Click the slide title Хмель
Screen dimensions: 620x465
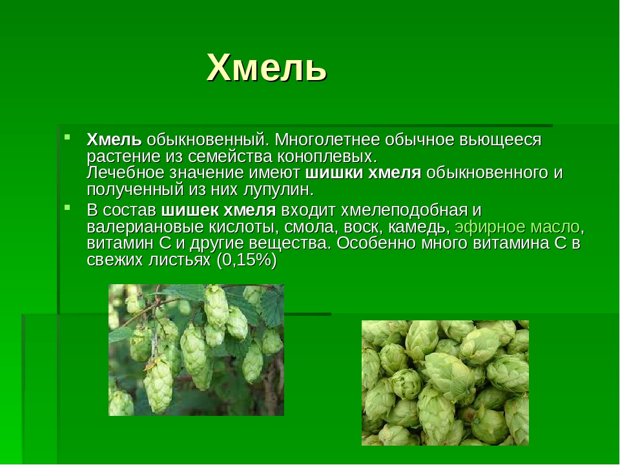(267, 68)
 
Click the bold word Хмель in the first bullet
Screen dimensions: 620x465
(114, 139)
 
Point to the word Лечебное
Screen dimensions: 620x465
(125, 173)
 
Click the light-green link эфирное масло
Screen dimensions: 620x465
(517, 227)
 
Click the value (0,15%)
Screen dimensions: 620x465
(246, 260)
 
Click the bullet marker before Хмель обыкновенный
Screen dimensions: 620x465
(68, 137)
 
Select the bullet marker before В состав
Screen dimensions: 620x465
(68, 207)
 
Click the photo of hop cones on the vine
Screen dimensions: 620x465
(196, 350)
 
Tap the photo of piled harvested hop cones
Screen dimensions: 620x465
(445, 383)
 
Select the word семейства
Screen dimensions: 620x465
(230, 156)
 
